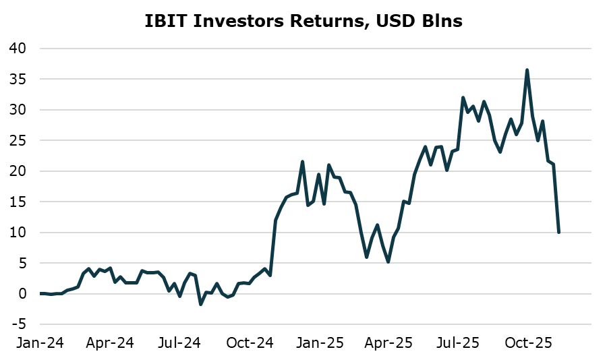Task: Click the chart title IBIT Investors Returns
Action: click(x=303, y=21)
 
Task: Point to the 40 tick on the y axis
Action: click(x=18, y=49)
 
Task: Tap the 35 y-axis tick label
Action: click(x=18, y=80)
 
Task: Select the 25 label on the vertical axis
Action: click(x=18, y=141)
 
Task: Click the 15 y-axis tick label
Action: click(x=18, y=202)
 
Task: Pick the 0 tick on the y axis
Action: click(x=22, y=294)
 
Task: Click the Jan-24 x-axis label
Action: click(x=40, y=343)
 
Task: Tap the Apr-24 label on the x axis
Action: click(x=111, y=343)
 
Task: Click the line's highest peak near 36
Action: click(x=527, y=70)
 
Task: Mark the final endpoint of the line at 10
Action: click(x=559, y=233)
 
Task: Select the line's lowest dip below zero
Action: click(x=200, y=305)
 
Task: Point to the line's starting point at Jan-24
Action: click(x=40, y=293)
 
